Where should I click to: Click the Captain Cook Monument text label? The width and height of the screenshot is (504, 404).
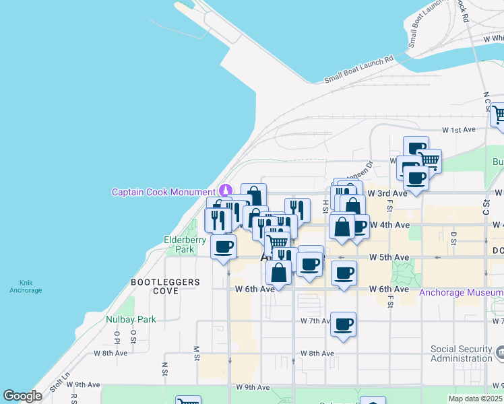(x=164, y=192)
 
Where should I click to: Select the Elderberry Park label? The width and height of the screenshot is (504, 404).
(x=179, y=244)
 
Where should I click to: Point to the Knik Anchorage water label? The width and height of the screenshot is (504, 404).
(x=26, y=287)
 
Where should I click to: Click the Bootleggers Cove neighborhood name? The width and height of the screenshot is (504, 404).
(x=165, y=286)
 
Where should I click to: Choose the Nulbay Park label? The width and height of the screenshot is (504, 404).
(x=131, y=319)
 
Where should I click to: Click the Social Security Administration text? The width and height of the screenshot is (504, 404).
(x=462, y=353)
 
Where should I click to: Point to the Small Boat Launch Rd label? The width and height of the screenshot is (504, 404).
(x=358, y=70)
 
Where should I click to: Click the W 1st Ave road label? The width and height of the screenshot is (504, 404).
(x=459, y=129)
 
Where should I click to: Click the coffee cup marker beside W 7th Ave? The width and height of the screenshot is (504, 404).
(x=343, y=325)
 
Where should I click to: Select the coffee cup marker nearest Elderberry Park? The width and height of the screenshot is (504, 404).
(x=223, y=246)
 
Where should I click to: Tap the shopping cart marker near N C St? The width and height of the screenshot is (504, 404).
(x=497, y=114)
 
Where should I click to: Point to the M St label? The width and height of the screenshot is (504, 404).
(x=197, y=353)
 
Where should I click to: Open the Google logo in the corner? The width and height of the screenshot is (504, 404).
(x=22, y=396)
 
